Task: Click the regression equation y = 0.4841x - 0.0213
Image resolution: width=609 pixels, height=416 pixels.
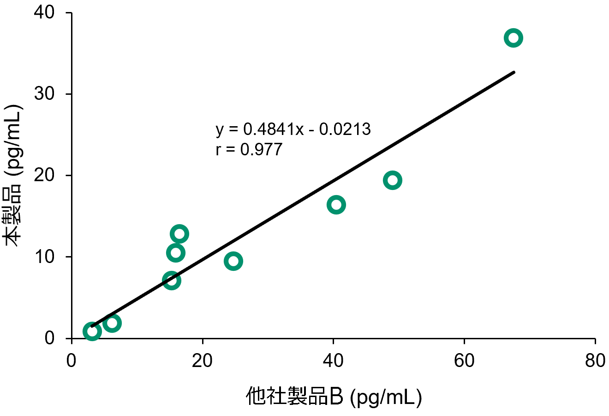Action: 293,129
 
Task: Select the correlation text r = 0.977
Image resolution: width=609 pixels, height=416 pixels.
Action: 249,149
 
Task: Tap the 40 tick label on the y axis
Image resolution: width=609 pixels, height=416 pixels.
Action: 44,12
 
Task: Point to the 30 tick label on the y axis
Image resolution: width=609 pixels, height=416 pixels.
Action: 44,94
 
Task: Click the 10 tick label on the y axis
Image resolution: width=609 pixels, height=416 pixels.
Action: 44,257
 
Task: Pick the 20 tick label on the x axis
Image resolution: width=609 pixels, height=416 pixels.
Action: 202,361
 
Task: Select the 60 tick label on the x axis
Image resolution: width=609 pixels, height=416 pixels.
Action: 464,361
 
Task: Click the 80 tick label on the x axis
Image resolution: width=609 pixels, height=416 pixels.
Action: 595,361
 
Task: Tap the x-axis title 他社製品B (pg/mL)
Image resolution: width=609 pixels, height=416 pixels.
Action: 334,397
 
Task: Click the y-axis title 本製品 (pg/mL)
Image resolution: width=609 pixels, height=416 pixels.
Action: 13,176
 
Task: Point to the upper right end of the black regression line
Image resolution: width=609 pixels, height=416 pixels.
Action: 514,72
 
